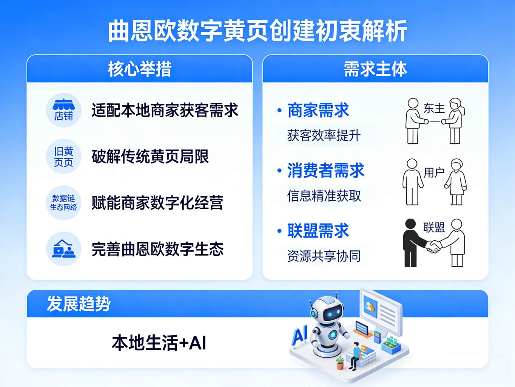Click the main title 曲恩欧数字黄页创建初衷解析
(x=257, y=31)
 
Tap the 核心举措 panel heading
(x=140, y=69)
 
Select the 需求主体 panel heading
(x=375, y=69)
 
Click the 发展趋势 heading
(x=79, y=303)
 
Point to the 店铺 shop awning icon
(x=63, y=110)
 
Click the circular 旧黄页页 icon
(x=63, y=157)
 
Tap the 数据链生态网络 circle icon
(x=63, y=202)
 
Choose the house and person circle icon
(x=63, y=249)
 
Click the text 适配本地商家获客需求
(x=165, y=110)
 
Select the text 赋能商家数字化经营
(x=157, y=202)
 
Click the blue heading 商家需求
(x=318, y=110)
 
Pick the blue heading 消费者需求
(x=326, y=170)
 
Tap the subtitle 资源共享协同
(x=324, y=256)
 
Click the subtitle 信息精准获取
(x=324, y=196)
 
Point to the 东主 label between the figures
(x=434, y=109)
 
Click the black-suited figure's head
(x=410, y=224)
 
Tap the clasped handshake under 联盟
(x=433, y=247)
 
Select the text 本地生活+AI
(x=159, y=343)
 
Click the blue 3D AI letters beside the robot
(x=300, y=334)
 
